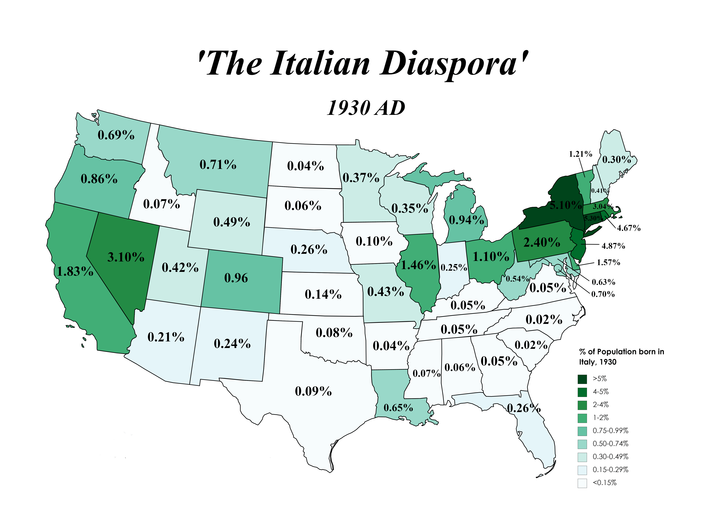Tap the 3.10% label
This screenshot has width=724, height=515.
126,257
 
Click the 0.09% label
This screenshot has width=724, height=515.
313,391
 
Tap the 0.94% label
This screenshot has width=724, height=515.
466,220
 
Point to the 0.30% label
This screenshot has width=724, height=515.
616,159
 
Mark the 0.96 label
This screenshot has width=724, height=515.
236,278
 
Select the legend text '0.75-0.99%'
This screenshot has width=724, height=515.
610,431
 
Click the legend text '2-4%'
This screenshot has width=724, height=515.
601,405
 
